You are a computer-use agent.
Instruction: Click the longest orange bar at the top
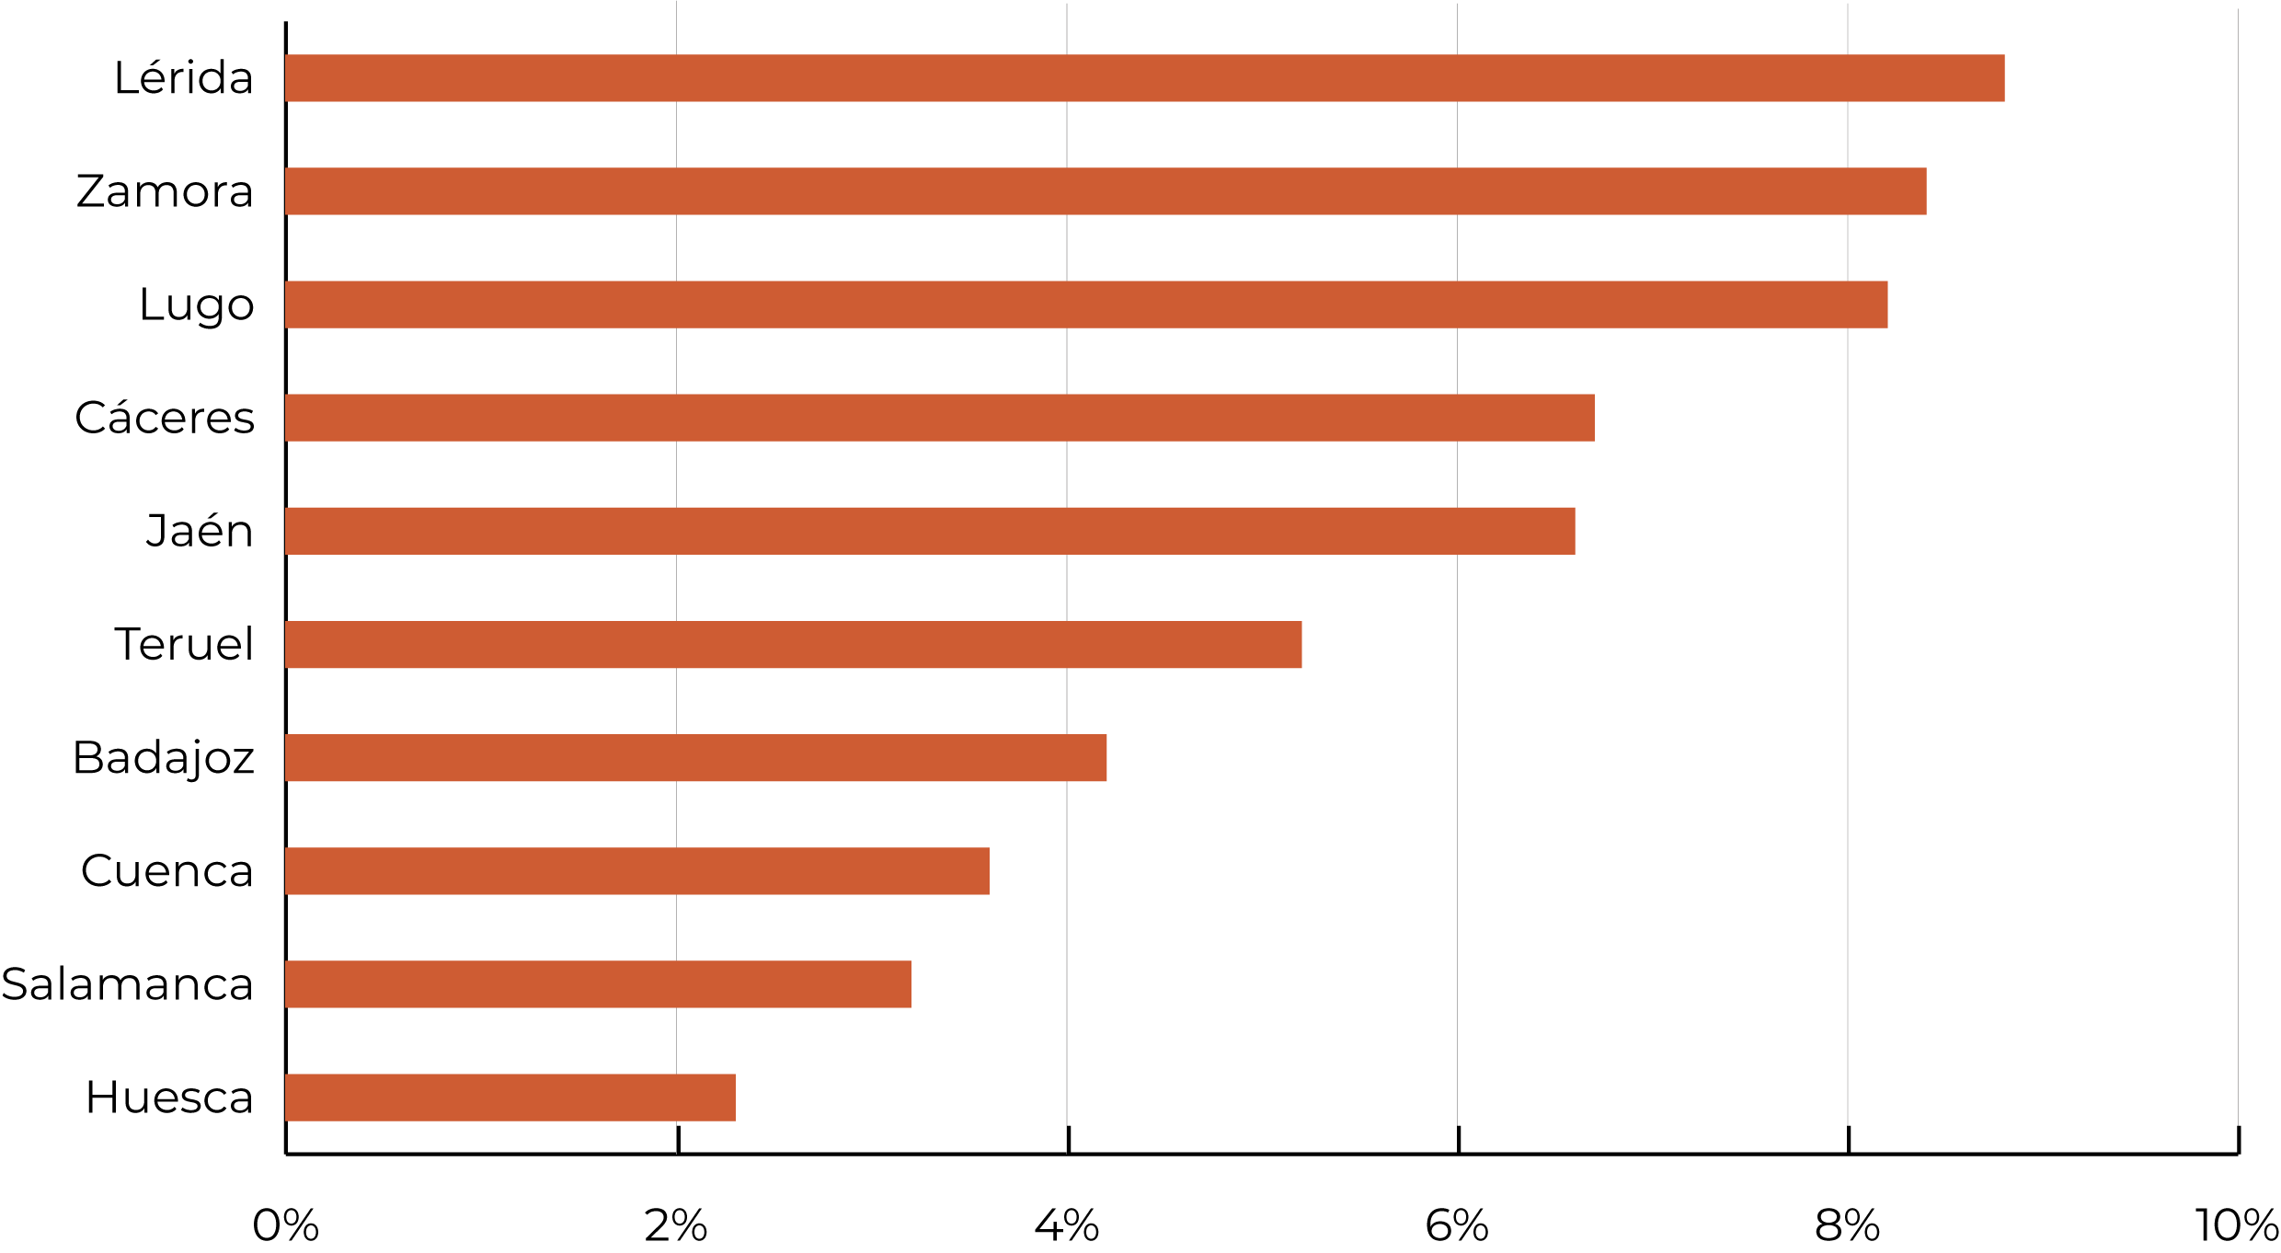coord(1144,78)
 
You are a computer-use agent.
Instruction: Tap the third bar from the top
coord(1086,305)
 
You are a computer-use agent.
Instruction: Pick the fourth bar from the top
coord(939,418)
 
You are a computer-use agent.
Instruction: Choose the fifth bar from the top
coord(930,531)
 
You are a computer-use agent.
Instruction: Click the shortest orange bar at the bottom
coord(510,1098)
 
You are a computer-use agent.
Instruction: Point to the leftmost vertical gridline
coord(676,589)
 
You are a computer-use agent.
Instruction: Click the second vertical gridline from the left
coord(1067,589)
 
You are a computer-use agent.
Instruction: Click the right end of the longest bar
coord(2002,78)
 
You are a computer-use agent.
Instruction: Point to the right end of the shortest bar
coord(733,1098)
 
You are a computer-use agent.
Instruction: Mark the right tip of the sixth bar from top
coord(1300,645)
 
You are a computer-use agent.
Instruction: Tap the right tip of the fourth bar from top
coord(1592,418)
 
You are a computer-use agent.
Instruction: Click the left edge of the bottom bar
coord(288,1098)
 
